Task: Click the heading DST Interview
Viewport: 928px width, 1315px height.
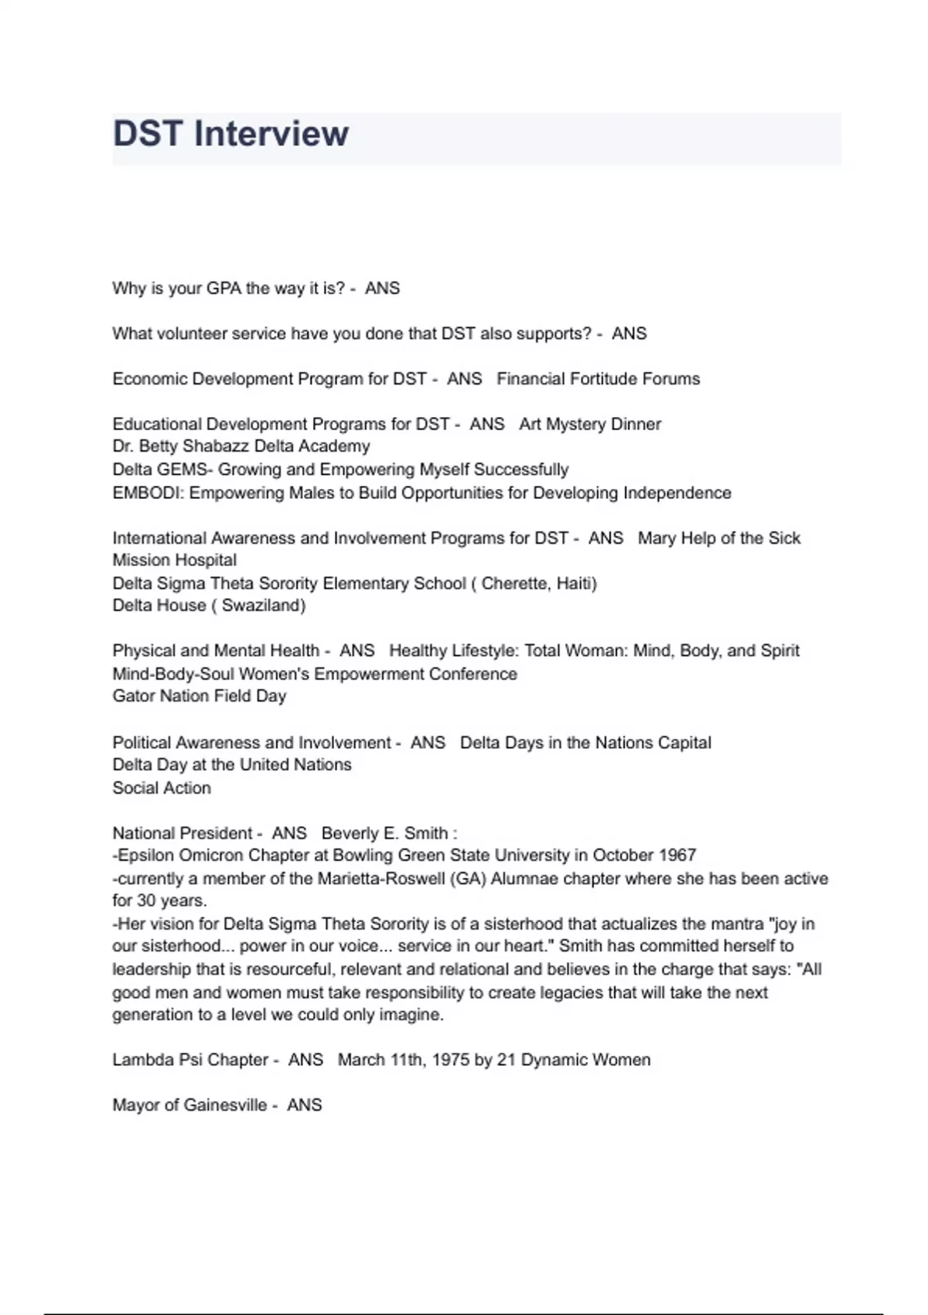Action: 230,134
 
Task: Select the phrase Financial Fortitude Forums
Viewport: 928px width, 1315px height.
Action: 598,379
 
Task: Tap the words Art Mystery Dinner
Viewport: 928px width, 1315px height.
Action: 590,424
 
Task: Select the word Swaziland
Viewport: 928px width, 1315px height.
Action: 263,606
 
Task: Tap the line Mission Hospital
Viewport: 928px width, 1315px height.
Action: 175,560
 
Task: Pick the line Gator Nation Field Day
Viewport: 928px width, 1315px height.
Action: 200,696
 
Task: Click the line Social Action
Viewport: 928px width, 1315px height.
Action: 162,788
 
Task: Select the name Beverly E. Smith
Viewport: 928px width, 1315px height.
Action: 384,833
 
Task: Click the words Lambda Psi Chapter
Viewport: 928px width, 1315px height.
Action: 190,1060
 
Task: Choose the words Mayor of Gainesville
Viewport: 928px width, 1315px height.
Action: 189,1105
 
